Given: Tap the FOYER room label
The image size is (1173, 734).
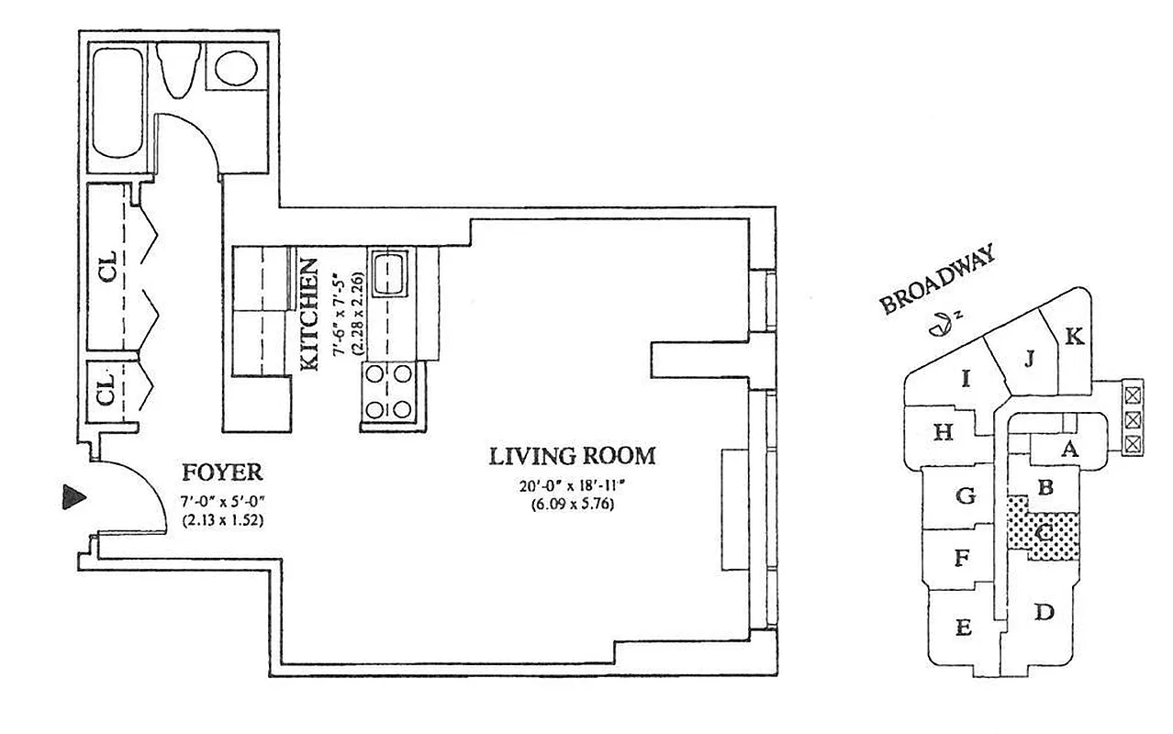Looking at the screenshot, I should coord(222,473).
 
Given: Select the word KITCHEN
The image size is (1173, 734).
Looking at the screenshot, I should coord(310,315).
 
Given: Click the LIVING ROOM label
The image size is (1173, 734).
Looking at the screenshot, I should coord(572,455).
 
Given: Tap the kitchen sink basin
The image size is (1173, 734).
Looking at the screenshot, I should coord(391,271).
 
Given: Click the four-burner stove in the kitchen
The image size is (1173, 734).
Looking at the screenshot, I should coord(387,392).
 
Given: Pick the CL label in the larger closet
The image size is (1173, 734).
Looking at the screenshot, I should coord(108,266).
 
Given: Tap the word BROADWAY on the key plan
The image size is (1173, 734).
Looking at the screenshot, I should coord(937,280).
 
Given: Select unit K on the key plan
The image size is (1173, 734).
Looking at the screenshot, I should coord(1073,337).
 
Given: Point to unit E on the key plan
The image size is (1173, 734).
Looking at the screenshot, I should coord(963,628).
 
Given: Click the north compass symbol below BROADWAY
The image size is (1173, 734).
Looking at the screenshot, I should coord(938,323).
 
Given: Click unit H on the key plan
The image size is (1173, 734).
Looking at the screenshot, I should coord(943,432).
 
